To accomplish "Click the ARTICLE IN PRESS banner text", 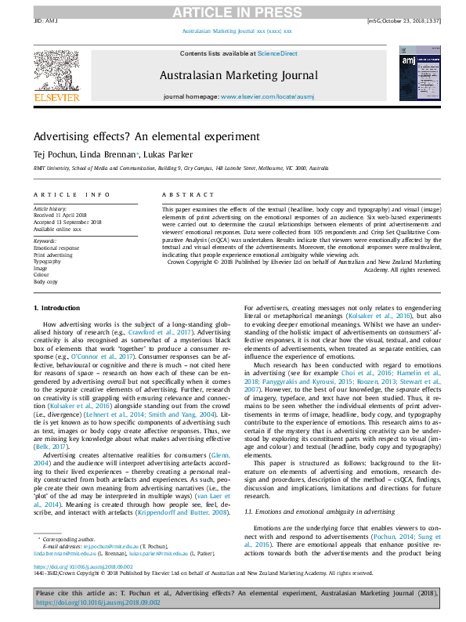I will point(233,12).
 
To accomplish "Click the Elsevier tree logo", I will point(56,73).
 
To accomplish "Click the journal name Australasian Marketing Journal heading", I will point(238,76).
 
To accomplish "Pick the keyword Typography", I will point(48,260).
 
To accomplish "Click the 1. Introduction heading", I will point(60,309).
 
